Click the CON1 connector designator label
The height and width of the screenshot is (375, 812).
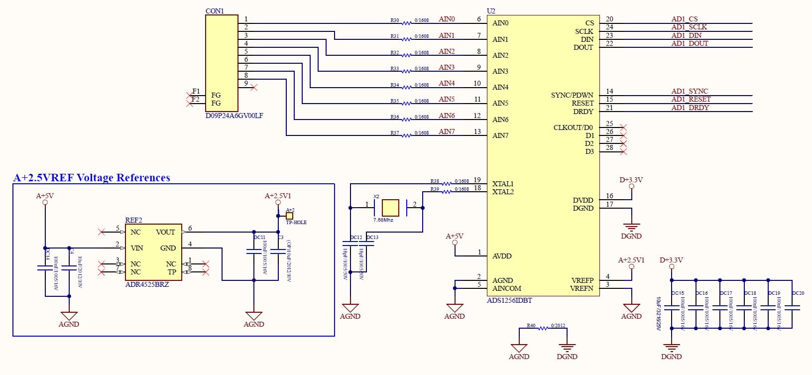click(215, 11)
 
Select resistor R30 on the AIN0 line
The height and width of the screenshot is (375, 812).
click(407, 23)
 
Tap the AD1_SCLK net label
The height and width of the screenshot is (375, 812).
click(689, 27)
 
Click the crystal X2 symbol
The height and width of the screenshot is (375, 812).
click(390, 208)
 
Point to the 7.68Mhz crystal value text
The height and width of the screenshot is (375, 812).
click(383, 220)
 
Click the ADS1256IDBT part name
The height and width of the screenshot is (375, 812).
click(509, 300)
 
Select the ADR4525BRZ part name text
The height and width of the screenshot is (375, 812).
click(147, 284)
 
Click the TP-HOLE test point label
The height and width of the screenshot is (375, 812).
click(296, 223)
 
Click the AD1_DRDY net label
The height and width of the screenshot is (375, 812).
click(690, 108)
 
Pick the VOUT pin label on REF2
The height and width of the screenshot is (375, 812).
click(165, 232)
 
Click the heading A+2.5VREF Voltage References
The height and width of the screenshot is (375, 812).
click(92, 178)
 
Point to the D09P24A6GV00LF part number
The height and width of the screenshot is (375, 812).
click(234, 116)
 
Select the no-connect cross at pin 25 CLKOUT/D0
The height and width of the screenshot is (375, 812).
click(622, 127)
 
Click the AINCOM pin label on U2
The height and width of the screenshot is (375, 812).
click(506, 288)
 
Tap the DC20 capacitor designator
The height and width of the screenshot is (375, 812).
click(798, 293)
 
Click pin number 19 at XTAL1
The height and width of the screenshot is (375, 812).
click(477, 180)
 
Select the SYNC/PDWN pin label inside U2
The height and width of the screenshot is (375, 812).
click(572, 95)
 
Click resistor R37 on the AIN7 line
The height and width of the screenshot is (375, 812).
click(407, 135)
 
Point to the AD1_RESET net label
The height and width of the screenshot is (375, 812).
click(691, 99)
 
